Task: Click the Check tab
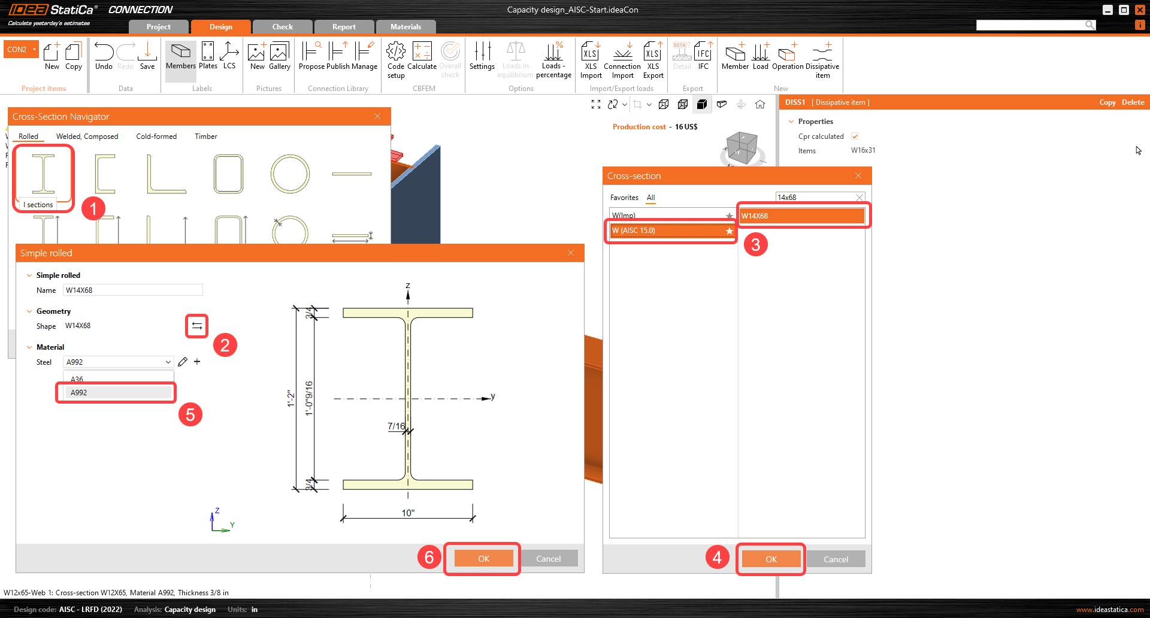[282, 27]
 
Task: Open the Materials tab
[405, 27]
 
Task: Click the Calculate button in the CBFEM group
[422, 57]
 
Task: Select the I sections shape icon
[43, 174]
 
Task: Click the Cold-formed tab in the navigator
[156, 137]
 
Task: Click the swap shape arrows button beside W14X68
[196, 326]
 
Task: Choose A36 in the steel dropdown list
[77, 379]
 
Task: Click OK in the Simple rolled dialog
[483, 559]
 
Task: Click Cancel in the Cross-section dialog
[836, 559]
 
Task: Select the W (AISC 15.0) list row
[671, 231]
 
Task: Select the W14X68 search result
[802, 216]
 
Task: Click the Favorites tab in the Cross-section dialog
[624, 198]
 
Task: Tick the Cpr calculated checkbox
[855, 137]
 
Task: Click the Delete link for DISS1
[1133, 102]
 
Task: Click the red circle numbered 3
[755, 244]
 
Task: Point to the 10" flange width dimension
[408, 513]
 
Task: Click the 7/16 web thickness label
[396, 426]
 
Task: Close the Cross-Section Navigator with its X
[377, 116]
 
